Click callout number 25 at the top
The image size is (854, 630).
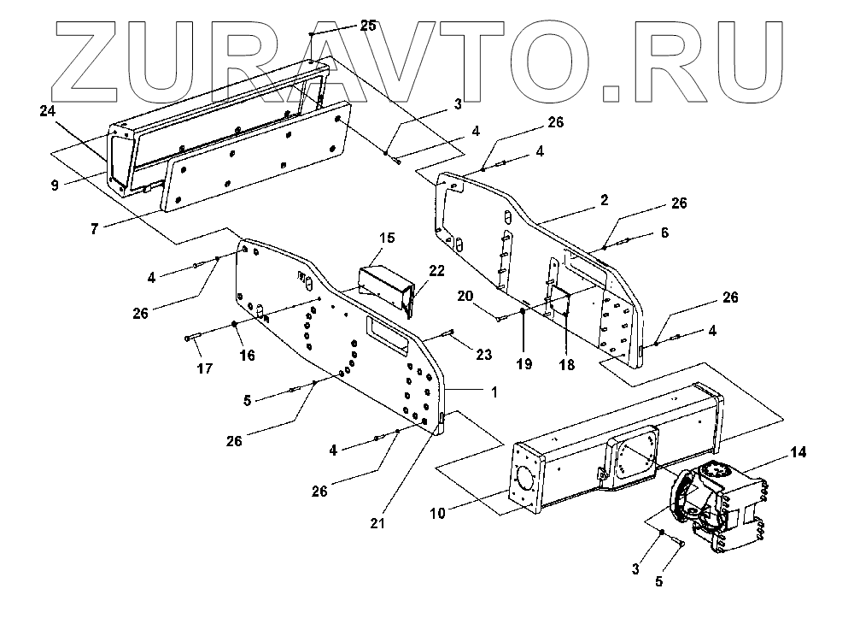[x=368, y=26]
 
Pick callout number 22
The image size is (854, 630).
[x=436, y=270]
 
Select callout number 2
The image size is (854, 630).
[x=604, y=200]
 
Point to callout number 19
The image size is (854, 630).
[x=524, y=363]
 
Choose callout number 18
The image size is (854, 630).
[x=567, y=363]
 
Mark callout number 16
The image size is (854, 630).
[x=247, y=356]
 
